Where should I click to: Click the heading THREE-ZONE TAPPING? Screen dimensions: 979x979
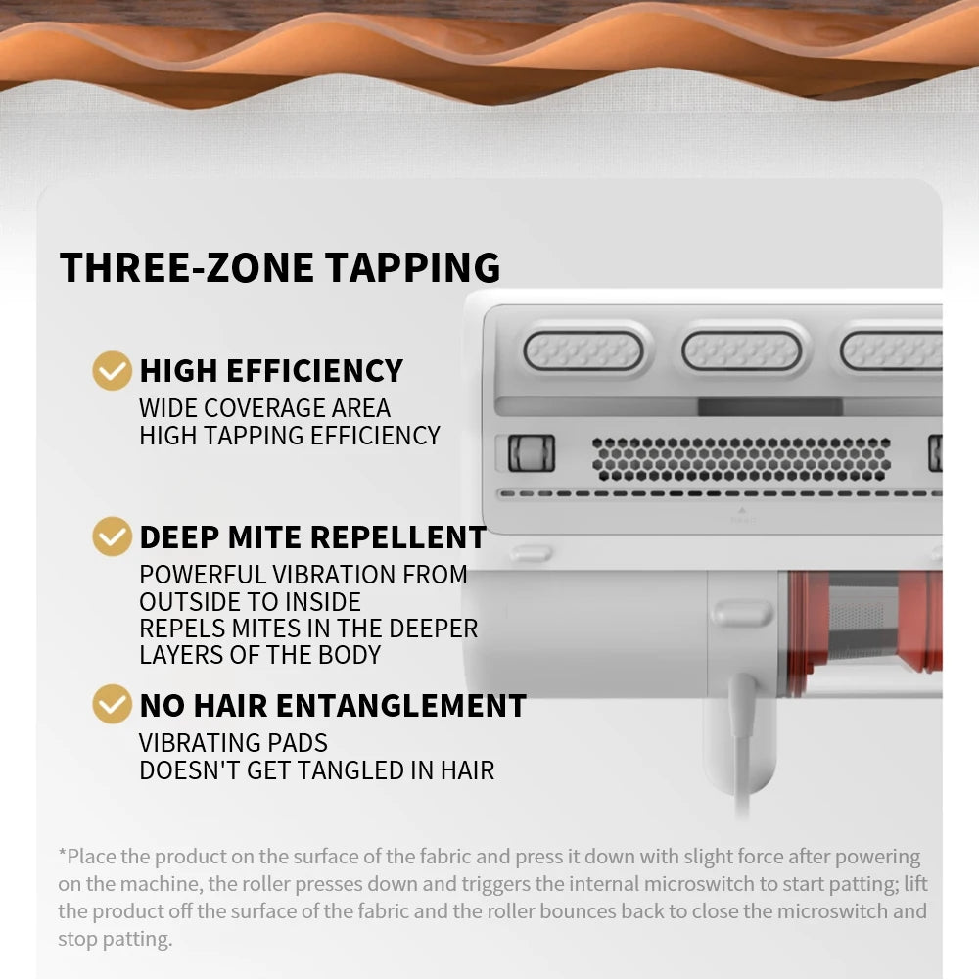pyautogui.click(x=280, y=268)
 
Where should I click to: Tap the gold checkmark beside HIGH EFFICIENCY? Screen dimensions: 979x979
pyautogui.click(x=112, y=370)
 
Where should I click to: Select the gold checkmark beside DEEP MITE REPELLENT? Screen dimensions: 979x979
pyautogui.click(x=112, y=536)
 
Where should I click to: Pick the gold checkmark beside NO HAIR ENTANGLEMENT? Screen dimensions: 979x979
pyautogui.click(x=112, y=704)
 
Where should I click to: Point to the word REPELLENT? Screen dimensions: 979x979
pyautogui.click(x=397, y=536)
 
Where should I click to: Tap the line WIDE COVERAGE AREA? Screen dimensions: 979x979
pyautogui.click(x=264, y=408)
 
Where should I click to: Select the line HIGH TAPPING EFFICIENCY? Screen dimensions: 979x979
pyautogui.click(x=290, y=436)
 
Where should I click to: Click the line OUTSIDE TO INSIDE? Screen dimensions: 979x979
pyautogui.click(x=250, y=602)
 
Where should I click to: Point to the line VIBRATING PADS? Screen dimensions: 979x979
pyautogui.click(x=234, y=743)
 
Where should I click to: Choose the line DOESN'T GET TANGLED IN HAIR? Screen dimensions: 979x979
pyautogui.click(x=317, y=770)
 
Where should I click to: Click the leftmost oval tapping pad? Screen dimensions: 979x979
pyautogui.click(x=583, y=350)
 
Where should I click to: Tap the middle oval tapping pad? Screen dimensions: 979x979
pyautogui.click(x=742, y=350)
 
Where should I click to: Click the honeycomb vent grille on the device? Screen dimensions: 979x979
pyautogui.click(x=741, y=459)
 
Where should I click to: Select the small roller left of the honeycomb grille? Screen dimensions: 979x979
pyautogui.click(x=532, y=452)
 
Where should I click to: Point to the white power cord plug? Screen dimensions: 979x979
pyautogui.click(x=742, y=706)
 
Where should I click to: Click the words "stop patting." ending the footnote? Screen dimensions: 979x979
pyautogui.click(x=115, y=939)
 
